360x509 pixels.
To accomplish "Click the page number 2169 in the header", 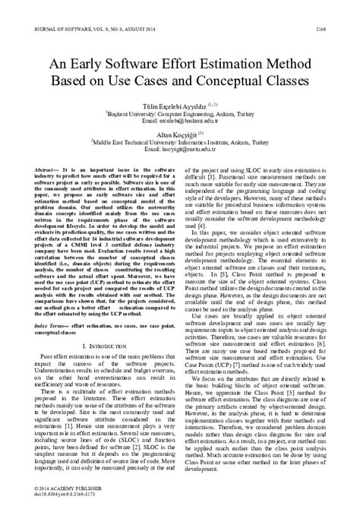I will tap(342, 8).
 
